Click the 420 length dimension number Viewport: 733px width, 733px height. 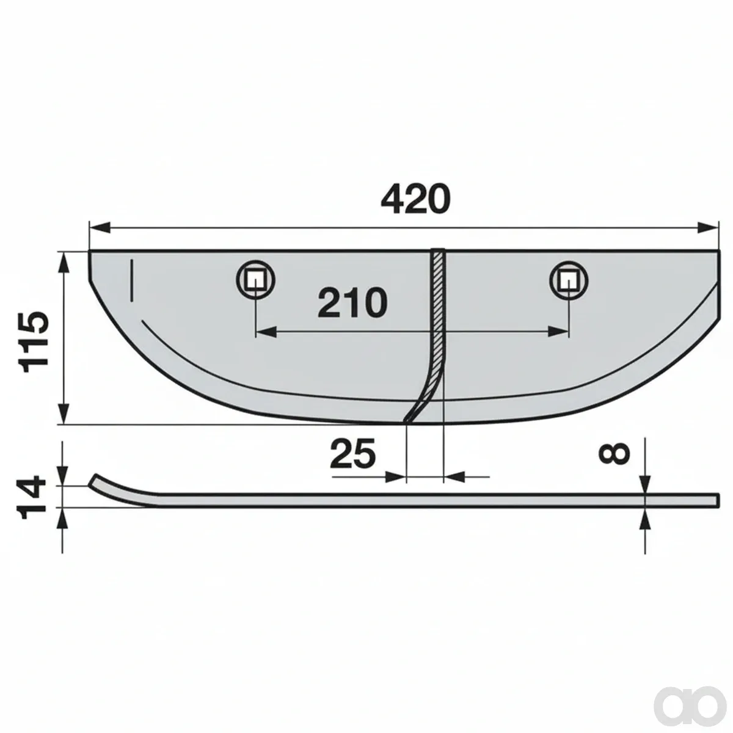point(415,199)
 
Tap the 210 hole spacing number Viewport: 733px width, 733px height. point(352,303)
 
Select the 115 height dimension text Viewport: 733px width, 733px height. point(34,341)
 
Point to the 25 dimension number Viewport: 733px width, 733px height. point(352,453)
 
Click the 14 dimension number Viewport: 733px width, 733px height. point(32,497)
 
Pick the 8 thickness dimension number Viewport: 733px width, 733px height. point(614,453)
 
